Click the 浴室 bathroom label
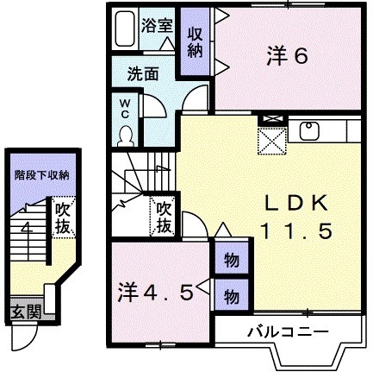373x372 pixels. tap(159, 25)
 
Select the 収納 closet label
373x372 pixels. tap(195, 43)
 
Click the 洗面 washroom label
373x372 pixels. tap(144, 73)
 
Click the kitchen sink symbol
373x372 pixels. tap(308, 131)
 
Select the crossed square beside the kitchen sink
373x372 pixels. tap(270, 139)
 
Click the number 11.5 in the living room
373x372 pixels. tap(295, 231)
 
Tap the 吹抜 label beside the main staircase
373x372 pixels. tap(162, 218)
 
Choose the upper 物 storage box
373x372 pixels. tap(230, 259)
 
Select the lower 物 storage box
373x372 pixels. tap(230, 295)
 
